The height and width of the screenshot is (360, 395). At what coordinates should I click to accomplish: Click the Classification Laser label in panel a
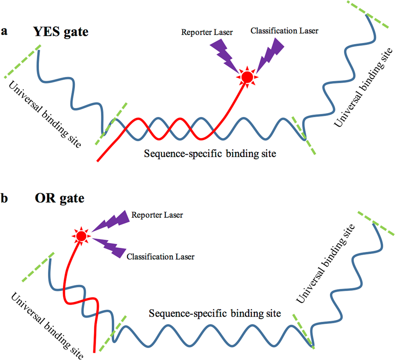pyautogui.click(x=284, y=31)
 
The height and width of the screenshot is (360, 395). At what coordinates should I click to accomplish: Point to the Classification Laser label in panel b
pyautogui.click(x=160, y=257)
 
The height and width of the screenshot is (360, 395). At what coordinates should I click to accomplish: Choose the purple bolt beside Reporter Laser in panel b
pyautogui.click(x=110, y=221)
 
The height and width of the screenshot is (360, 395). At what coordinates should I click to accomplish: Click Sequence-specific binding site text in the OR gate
pyautogui.click(x=215, y=313)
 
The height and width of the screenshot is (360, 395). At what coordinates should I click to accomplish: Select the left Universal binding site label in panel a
pyautogui.click(x=43, y=113)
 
